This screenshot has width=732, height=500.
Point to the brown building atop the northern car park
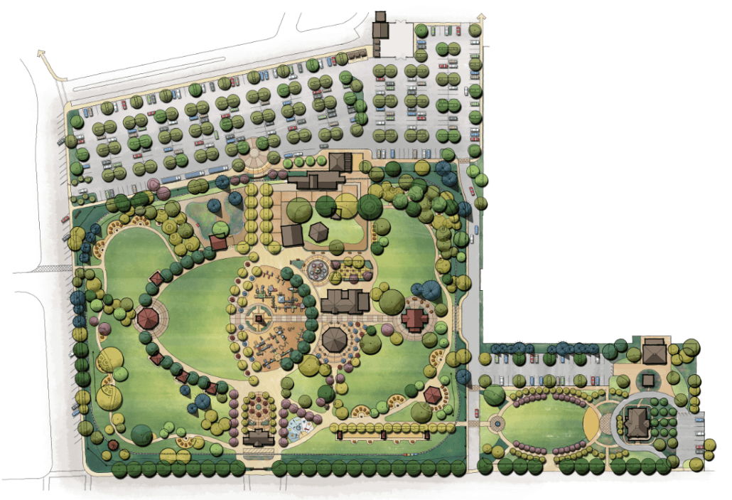tap(381, 27)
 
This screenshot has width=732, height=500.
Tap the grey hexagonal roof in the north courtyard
tap(318, 232)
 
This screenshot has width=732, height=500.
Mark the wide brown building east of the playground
tap(345, 302)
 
